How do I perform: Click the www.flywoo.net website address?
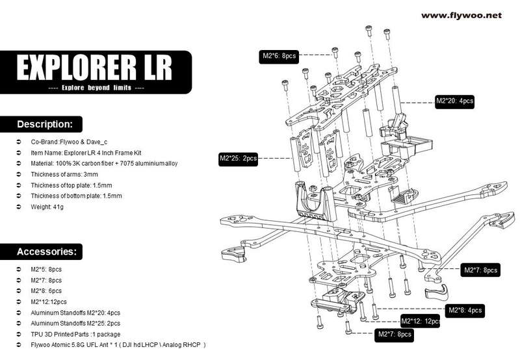pos(461,16)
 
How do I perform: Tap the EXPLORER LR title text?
pos(94,68)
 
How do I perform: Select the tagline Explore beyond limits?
pos(96,88)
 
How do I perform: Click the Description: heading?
pos(44,124)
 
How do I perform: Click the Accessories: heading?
pos(46,251)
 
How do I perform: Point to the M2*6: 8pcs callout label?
pos(279,56)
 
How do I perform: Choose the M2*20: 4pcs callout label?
pos(454,101)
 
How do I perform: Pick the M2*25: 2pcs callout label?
pos(238,159)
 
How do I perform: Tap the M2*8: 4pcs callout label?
pos(465,311)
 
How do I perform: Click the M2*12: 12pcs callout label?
pos(421,321)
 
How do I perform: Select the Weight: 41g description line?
pos(47,207)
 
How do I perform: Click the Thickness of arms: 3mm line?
pos(64,174)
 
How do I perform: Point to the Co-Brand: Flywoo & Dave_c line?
pos(69,142)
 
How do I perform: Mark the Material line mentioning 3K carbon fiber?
pos(104,163)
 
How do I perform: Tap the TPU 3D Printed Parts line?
pos(75,334)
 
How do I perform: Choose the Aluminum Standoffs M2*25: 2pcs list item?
pos(75,323)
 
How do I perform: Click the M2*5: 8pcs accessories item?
pos(46,270)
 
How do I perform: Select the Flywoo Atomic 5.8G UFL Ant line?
pos(118,345)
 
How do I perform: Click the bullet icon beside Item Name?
pos(19,153)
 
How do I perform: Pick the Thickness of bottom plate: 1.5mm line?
pos(76,196)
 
